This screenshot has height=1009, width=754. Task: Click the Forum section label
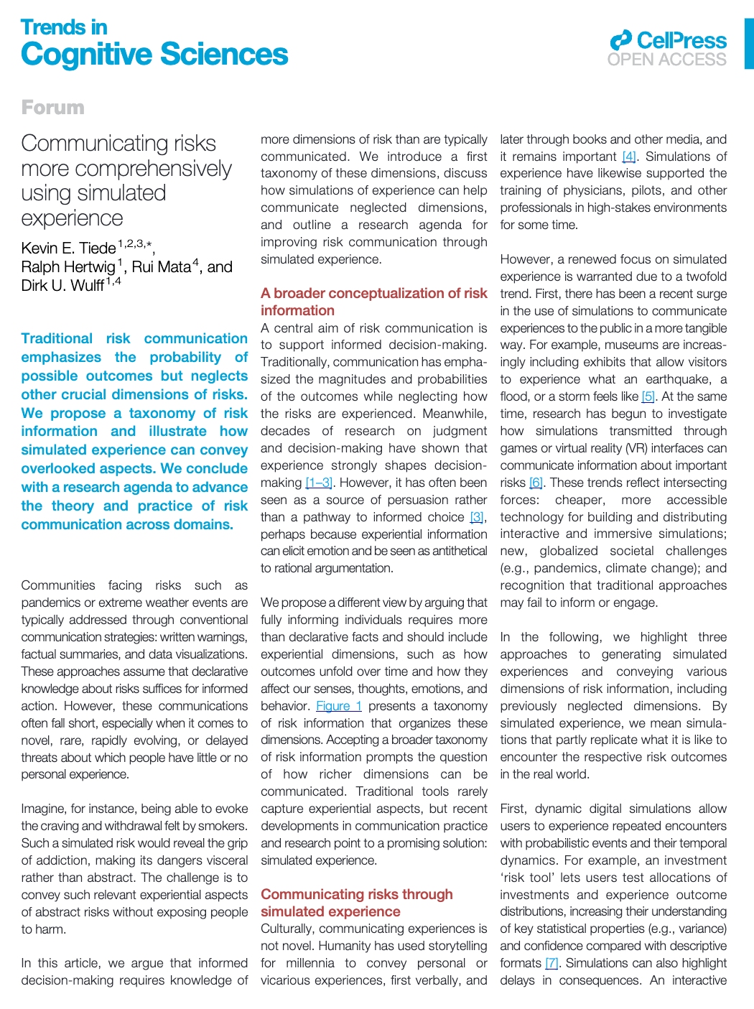[52, 108]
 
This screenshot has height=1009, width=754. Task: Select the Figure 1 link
[339, 706]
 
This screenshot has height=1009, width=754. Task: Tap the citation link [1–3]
[319, 483]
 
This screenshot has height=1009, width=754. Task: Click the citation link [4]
[629, 157]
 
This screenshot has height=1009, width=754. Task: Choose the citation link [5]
[648, 396]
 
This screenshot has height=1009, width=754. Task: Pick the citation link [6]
[536, 483]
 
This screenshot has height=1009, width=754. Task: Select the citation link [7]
[551, 963]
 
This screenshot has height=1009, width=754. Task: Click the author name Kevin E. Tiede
[68, 248]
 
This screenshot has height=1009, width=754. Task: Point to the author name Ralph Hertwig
[68, 267]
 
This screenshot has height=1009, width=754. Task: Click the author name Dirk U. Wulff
[62, 286]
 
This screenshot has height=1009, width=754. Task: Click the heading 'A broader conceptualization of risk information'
[373, 302]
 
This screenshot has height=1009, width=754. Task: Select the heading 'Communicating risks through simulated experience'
[357, 903]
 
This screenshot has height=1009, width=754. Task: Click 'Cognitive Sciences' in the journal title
[154, 55]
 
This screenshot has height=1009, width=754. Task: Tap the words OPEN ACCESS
[667, 60]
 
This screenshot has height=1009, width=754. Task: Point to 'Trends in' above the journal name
[64, 27]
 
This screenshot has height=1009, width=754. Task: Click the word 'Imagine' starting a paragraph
[45, 809]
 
